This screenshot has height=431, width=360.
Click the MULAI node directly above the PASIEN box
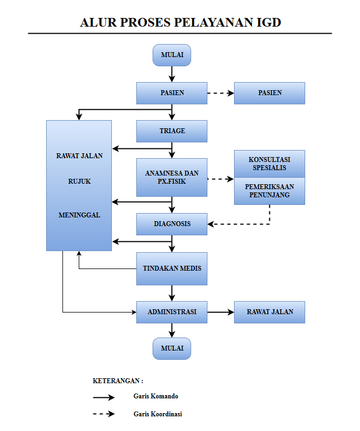pos(172,55)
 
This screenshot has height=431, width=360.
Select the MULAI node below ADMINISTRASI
pos(172,348)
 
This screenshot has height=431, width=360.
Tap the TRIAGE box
pos(172,131)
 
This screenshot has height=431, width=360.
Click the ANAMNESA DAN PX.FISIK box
pos(172,177)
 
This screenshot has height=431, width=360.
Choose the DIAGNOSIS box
pos(172,224)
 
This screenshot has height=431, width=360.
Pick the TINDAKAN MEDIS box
pos(172,268)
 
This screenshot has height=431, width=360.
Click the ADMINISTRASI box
pos(172,312)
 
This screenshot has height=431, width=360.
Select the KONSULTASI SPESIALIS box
pos(269,163)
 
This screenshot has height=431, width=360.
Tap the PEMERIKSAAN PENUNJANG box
pos(269,191)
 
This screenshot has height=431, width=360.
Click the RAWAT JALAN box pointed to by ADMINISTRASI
pos(269,312)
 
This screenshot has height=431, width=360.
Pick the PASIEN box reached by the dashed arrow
pos(269,93)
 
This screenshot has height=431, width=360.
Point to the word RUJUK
pos(79,182)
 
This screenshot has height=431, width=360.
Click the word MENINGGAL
pos(79,215)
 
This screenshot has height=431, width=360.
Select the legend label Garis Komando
pos(156,396)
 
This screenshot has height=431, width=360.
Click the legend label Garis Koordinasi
pos(157,414)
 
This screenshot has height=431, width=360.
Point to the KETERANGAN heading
pos(118,380)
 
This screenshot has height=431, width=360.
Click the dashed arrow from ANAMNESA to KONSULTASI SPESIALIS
pos(220,178)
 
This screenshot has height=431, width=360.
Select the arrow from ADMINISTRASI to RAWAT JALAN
pos(220,312)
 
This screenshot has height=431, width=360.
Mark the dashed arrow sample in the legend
pos(104,414)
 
